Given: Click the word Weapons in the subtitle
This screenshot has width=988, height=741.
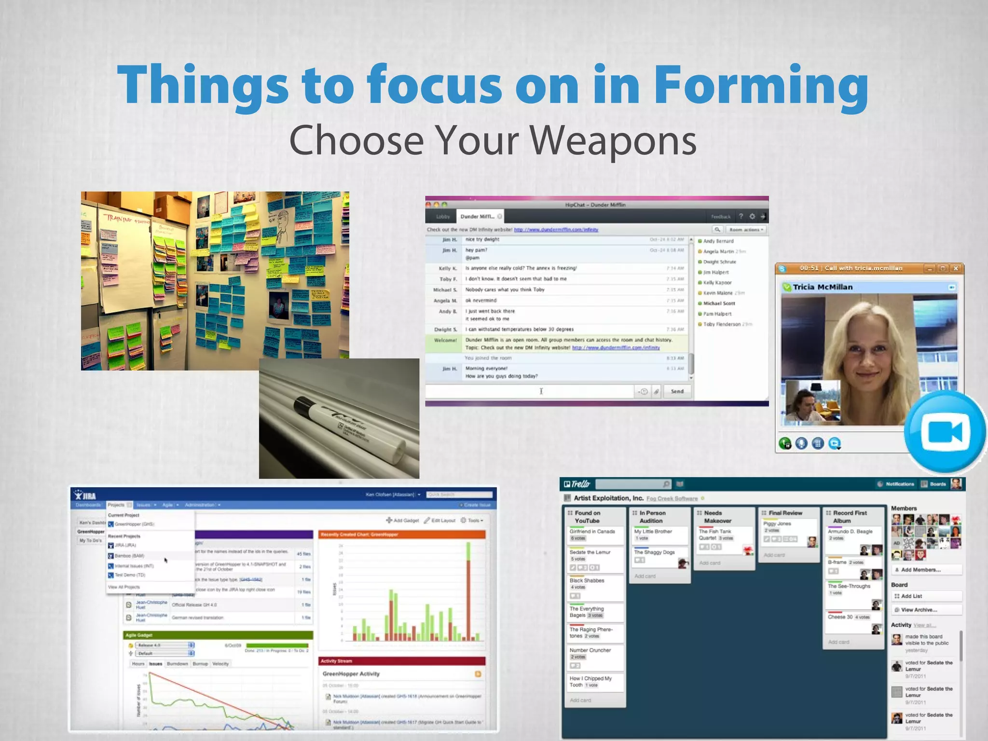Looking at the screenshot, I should (x=613, y=141).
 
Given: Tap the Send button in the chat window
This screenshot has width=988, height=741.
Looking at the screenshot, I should (x=677, y=391).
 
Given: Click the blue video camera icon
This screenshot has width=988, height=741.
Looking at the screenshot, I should (x=945, y=432).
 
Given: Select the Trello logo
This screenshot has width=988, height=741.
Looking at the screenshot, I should (x=577, y=484).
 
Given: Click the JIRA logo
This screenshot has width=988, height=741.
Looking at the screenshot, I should (x=86, y=495).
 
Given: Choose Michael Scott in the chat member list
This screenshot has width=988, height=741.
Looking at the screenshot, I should (x=719, y=303).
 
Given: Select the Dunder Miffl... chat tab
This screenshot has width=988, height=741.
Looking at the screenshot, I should (x=478, y=217).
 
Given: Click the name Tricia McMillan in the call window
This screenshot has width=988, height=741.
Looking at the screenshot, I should (x=823, y=287).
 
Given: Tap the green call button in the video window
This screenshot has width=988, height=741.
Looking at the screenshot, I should (x=785, y=443).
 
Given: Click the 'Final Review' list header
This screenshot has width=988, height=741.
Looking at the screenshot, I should (x=785, y=513).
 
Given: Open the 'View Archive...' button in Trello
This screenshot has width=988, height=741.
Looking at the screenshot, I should (x=919, y=610).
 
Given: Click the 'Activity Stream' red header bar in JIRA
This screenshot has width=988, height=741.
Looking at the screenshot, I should (x=401, y=661).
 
